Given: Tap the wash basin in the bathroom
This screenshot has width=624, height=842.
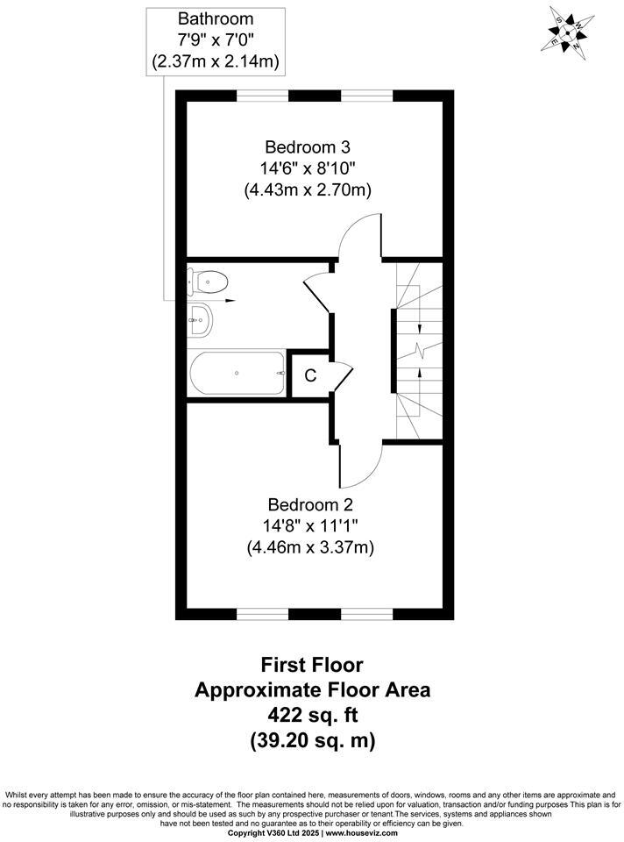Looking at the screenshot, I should pyautogui.click(x=200, y=321).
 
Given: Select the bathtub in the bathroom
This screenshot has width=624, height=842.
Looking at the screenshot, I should pyautogui.click(x=237, y=374).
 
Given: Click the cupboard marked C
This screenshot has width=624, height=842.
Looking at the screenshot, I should pyautogui.click(x=309, y=375).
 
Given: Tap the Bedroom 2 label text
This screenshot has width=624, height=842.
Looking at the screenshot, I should pyautogui.click(x=309, y=505).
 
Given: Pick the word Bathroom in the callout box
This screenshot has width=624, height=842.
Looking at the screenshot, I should pyautogui.click(x=216, y=18).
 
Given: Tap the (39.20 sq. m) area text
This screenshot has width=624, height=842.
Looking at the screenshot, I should pyautogui.click(x=311, y=740).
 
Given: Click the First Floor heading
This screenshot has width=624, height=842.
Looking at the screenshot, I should pyautogui.click(x=311, y=665).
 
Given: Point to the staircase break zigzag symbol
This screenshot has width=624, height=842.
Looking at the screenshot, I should pyautogui.click(x=422, y=352).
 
